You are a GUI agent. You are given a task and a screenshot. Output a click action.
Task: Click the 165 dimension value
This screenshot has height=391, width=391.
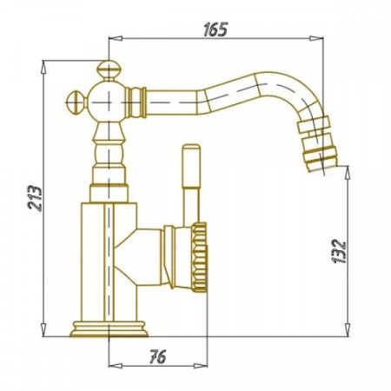pos(215,30)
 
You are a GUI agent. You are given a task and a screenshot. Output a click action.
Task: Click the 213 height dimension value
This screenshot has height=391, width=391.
pos(35,198)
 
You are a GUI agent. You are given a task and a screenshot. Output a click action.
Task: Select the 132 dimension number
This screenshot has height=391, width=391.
pos(340,251)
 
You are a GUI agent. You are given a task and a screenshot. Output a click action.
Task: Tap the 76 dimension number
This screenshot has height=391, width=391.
pos(158,356)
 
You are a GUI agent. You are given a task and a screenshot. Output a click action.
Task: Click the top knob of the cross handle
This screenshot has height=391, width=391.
pos(106,70)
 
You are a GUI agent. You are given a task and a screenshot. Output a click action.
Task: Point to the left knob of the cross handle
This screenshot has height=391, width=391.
pos(76,103)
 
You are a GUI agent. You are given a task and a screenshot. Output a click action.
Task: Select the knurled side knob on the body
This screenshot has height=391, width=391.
pos(199,257)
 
